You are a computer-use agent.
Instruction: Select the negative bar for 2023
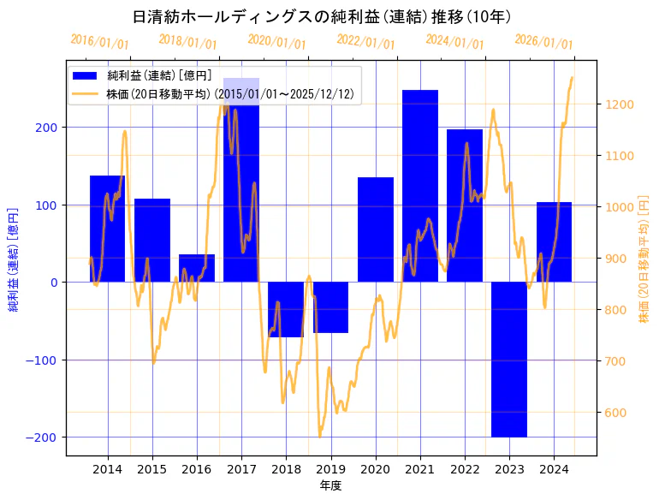(509, 359)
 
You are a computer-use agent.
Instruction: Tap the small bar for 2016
(197, 268)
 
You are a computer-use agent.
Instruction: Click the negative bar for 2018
(286, 309)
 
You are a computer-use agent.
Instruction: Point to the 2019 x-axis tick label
(330, 469)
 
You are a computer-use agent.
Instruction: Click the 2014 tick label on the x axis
(108, 469)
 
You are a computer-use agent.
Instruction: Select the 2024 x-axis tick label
(554, 469)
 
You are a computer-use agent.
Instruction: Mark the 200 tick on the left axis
(50, 128)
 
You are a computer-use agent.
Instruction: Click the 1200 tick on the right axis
(620, 104)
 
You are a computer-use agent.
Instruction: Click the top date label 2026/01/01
(543, 42)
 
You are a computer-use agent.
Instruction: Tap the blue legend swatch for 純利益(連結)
(86, 76)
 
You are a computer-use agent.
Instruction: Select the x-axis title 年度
(330, 485)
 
